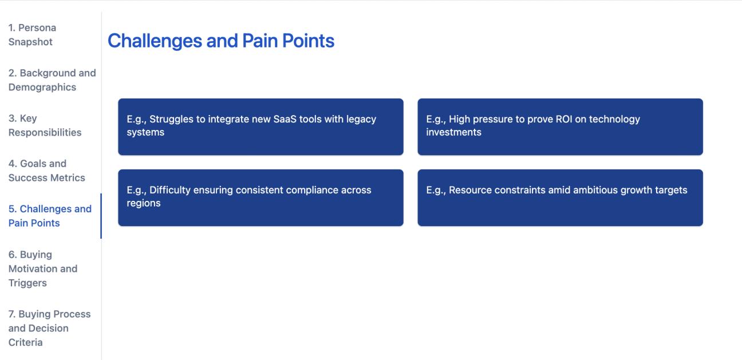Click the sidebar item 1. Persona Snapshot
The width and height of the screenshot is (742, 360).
[x=32, y=35]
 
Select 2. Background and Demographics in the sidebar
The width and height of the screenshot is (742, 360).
[x=52, y=80]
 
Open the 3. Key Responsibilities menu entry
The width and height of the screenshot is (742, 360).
[x=45, y=125]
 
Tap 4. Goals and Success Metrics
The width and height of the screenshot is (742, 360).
[x=46, y=171]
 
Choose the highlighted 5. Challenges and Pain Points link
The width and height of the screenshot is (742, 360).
[x=49, y=216]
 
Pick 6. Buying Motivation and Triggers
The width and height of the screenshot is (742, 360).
[x=42, y=268]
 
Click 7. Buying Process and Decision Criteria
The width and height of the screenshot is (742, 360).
[x=49, y=328]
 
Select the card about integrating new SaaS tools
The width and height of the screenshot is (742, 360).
[x=261, y=126]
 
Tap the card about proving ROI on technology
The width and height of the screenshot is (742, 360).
[x=560, y=126]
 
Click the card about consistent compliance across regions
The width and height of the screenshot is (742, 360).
[x=261, y=197]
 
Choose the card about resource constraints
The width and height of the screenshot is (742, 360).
[x=560, y=197]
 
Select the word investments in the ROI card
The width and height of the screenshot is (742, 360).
[x=453, y=132]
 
